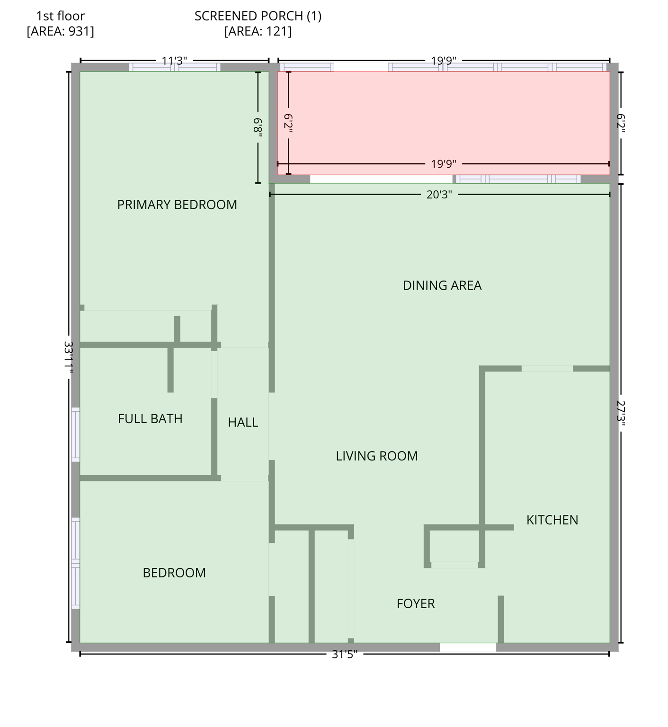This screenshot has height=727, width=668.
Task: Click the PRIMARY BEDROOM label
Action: point(177,204)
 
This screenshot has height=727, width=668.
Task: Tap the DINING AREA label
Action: point(442,285)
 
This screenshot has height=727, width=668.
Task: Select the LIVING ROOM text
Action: point(377,456)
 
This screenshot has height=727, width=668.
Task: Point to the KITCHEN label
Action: point(552,520)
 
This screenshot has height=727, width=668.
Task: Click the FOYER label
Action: point(416,603)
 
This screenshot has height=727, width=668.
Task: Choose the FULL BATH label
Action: point(150,418)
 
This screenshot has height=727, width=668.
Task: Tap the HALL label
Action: point(243,422)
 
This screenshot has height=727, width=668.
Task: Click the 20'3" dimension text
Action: point(439,195)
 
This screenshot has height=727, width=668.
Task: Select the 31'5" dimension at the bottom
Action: point(345,654)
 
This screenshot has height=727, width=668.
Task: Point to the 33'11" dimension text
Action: point(69,358)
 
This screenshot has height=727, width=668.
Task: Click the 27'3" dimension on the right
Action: point(621,414)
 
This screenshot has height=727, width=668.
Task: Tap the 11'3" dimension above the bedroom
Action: point(174,61)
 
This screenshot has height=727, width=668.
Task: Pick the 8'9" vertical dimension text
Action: point(258,127)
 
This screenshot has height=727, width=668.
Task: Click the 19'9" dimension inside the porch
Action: point(444,164)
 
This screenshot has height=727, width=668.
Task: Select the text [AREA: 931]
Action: point(60,31)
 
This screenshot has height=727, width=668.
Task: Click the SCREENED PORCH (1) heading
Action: point(258,16)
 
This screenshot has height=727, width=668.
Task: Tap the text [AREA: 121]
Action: point(258,31)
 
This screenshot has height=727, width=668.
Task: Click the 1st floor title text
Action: point(60,16)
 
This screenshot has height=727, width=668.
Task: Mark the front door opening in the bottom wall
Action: point(468,647)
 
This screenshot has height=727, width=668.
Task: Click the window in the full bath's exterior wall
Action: point(75,434)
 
